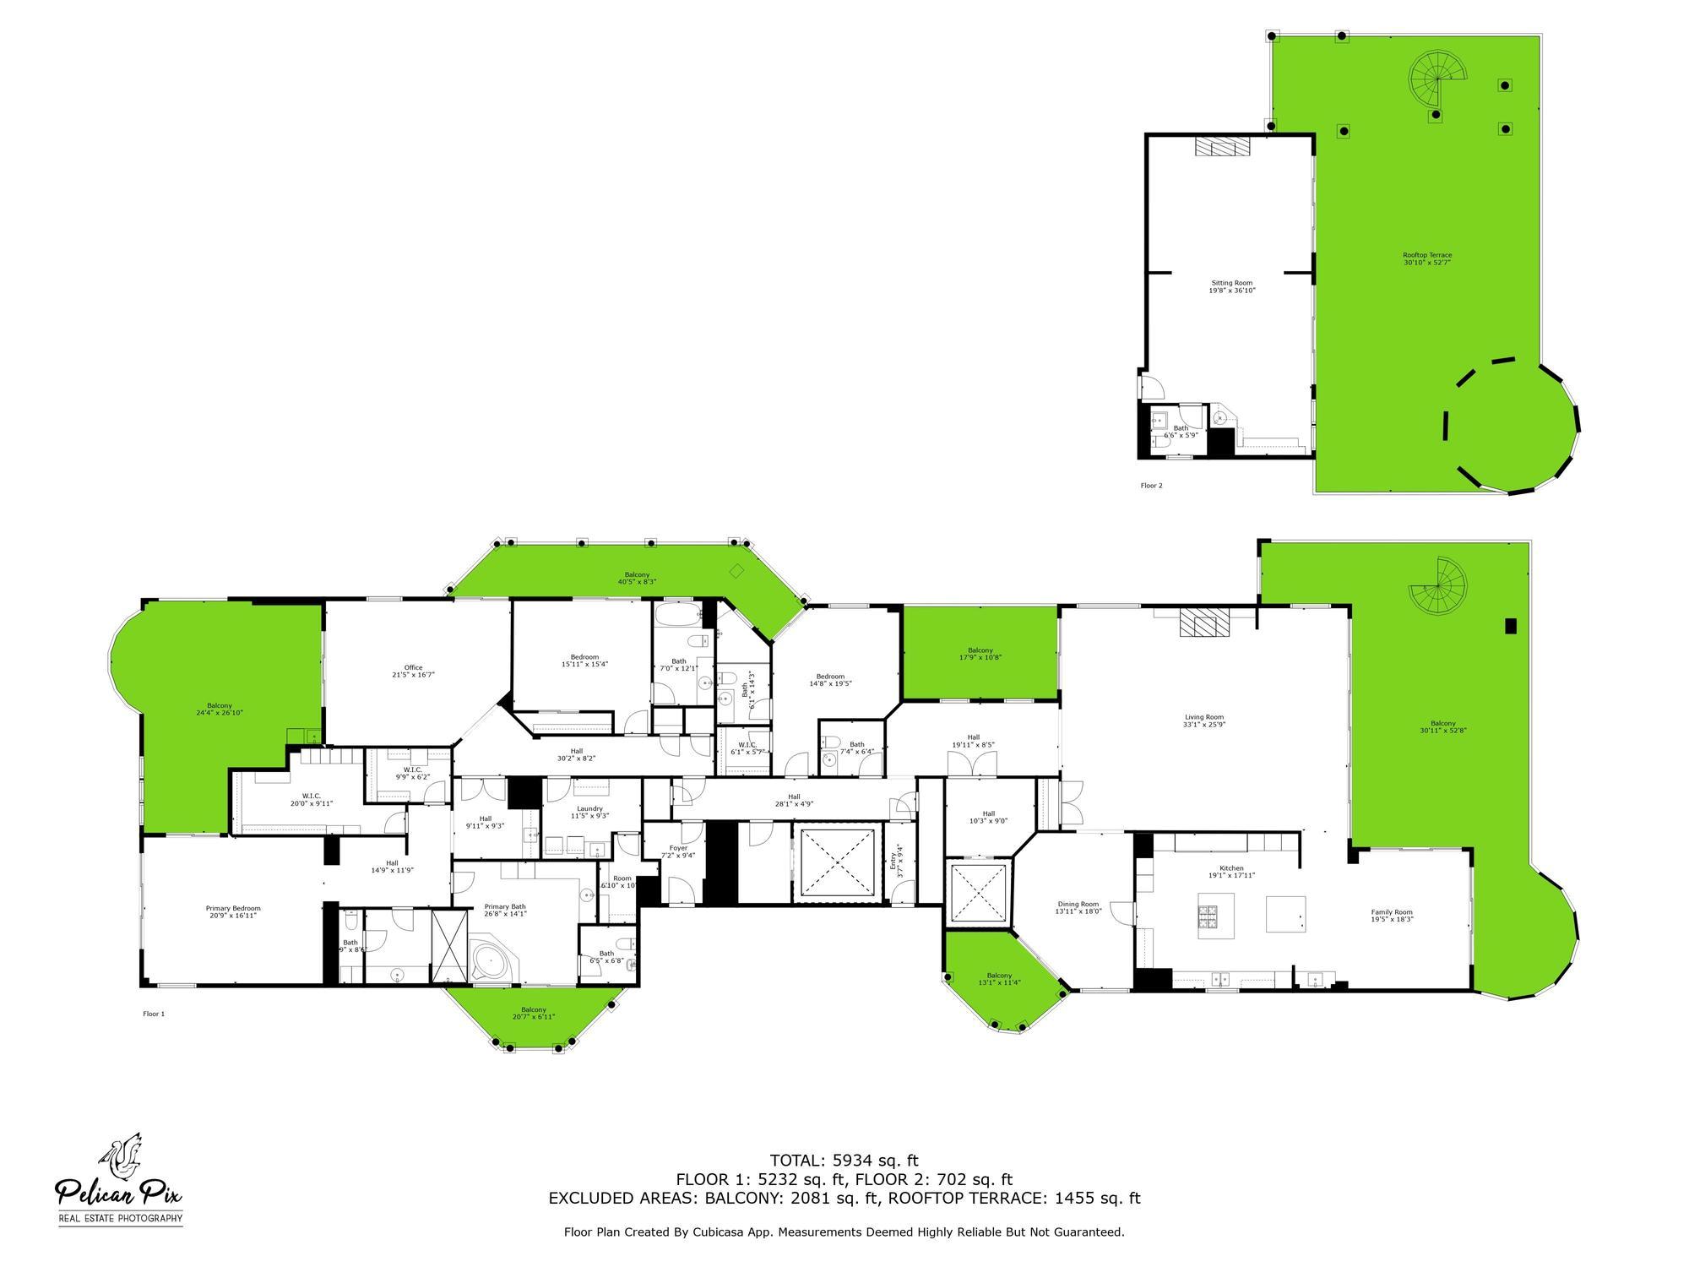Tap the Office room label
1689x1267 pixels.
coord(413,672)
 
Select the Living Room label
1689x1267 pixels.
coord(1203,721)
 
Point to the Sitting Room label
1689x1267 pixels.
coord(1231,286)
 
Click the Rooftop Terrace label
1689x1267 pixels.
coord(1427,258)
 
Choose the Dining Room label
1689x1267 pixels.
coord(1078,907)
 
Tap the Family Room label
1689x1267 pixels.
coord(1392,915)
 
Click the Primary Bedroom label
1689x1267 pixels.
coord(233,911)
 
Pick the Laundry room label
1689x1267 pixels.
coord(589,812)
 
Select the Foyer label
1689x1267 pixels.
coord(679,851)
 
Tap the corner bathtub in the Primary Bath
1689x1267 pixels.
coord(487,960)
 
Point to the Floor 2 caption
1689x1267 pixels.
coord(1151,486)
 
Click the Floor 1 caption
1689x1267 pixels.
coord(154,1014)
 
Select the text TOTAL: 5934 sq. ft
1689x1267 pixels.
coord(844,1161)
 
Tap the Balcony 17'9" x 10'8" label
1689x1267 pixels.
coord(980,654)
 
